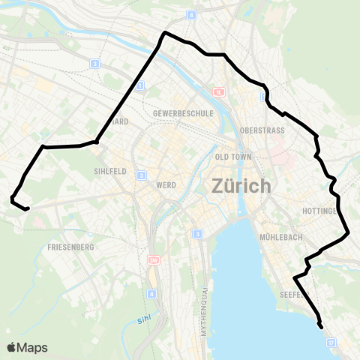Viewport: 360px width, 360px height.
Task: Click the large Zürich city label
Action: [x=241, y=184]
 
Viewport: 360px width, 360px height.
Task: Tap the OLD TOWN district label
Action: [x=232, y=157]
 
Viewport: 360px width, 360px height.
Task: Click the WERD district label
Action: [x=166, y=184]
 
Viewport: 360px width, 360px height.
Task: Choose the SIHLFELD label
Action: [x=110, y=171]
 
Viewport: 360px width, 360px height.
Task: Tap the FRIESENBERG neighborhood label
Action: [x=70, y=247]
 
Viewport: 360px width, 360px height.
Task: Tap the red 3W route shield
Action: [x=154, y=259]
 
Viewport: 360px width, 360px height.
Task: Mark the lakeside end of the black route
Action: [x=322, y=326]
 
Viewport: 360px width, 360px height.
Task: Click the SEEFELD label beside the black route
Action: [x=289, y=295]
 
